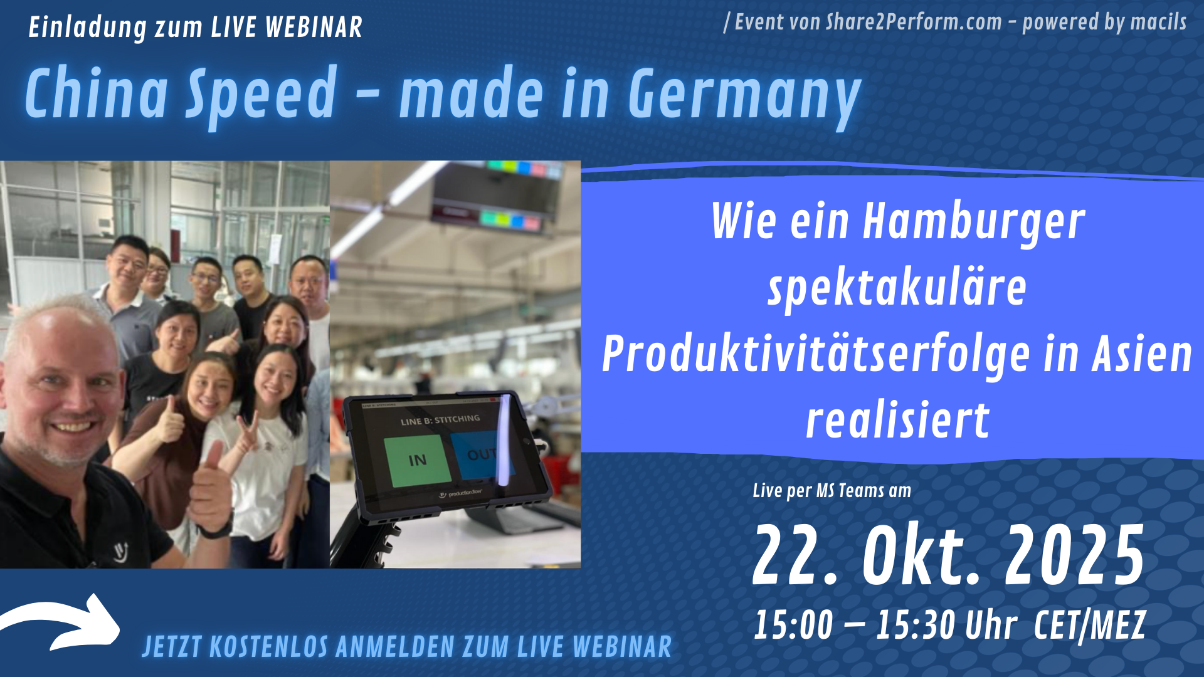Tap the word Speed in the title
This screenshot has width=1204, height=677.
point(261,95)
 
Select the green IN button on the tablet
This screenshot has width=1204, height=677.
point(418,460)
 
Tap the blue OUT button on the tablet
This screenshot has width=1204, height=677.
point(482,454)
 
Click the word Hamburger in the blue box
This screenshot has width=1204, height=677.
point(974,223)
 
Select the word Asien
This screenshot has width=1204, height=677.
point(1142,354)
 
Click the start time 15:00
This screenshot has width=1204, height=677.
point(793,625)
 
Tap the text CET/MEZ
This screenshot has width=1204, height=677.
point(1090,626)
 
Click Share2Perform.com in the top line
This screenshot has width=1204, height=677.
point(914,22)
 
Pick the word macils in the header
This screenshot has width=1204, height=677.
point(1158,22)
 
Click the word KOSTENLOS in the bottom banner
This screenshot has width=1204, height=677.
point(269,648)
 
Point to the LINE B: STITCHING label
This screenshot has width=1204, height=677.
point(440,419)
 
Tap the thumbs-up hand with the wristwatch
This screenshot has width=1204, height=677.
point(210,492)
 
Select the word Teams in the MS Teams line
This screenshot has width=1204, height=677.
point(862,491)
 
